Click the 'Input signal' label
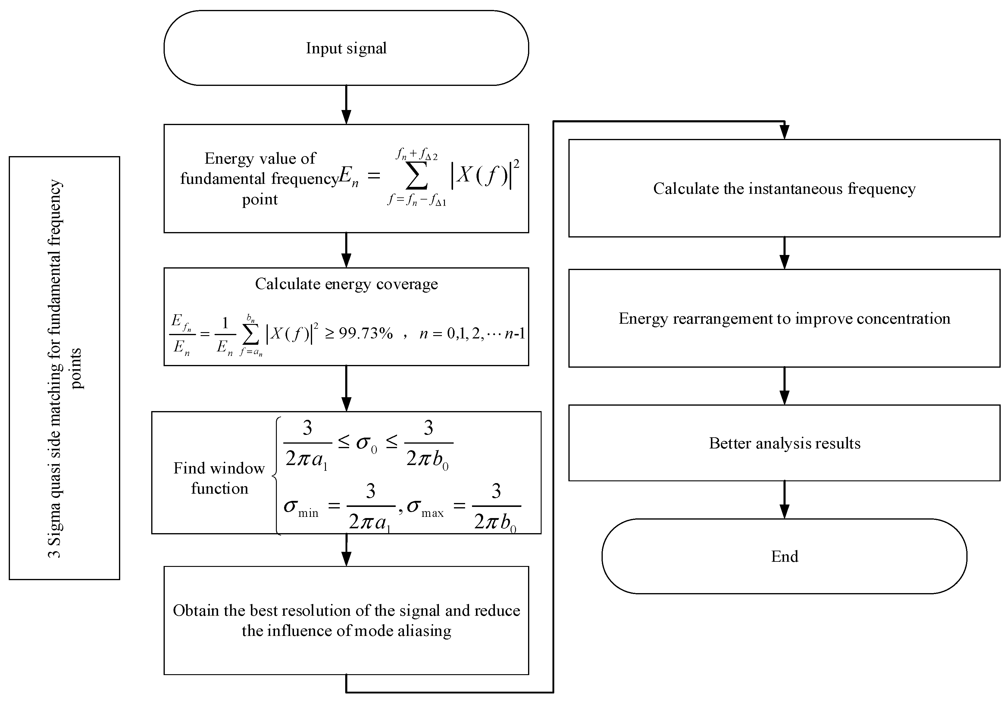346,48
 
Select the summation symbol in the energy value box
416,178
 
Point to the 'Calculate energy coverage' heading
346,284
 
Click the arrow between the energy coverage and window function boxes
346,388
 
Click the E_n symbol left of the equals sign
349,178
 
